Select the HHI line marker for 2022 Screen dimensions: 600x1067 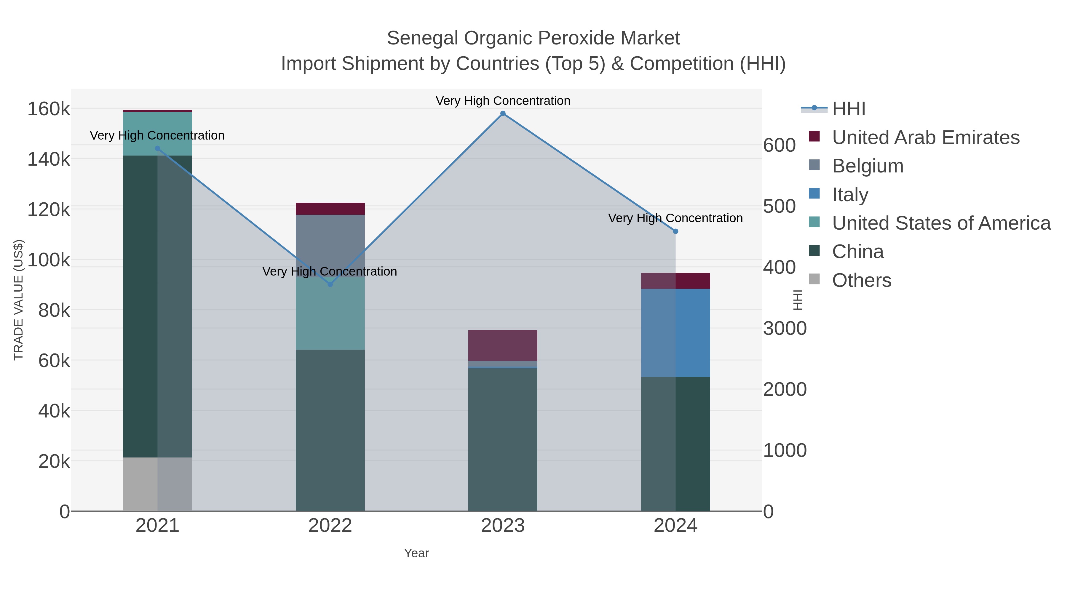pyautogui.click(x=330, y=284)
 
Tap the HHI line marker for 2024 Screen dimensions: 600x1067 pyautogui.click(x=675, y=231)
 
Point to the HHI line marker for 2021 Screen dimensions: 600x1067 pyautogui.click(x=157, y=148)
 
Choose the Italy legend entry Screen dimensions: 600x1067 pyautogui.click(x=850, y=195)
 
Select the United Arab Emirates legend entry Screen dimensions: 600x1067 pyautogui.click(x=925, y=137)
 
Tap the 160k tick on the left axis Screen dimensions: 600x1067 pyautogui.click(x=49, y=109)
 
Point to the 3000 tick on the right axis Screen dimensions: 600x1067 pyautogui.click(x=785, y=328)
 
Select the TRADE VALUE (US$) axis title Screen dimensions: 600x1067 pyautogui.click(x=19, y=300)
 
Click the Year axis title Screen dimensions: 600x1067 pyautogui.click(x=416, y=553)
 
